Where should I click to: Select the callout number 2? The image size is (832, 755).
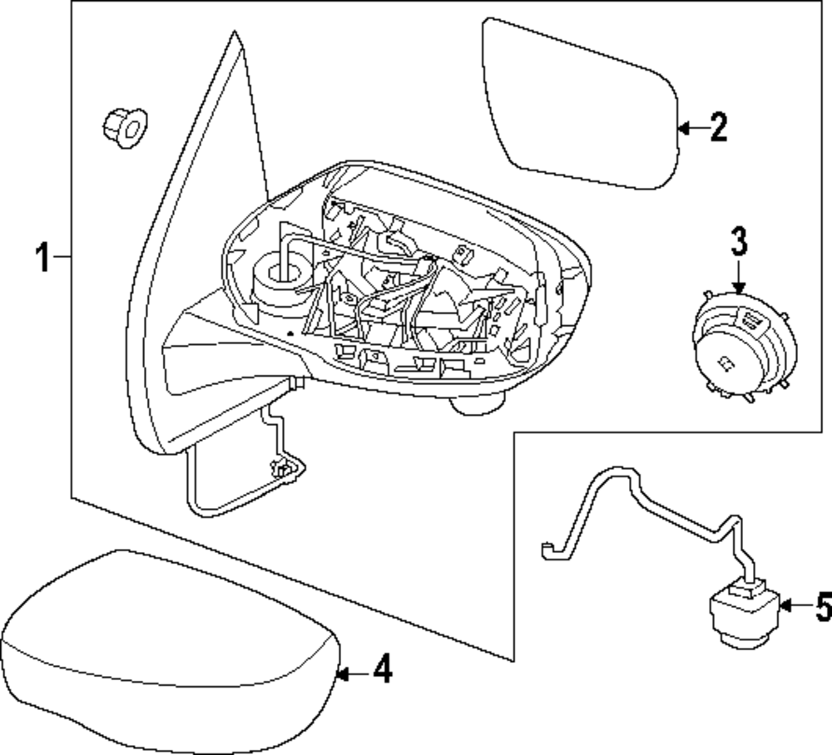[717, 127]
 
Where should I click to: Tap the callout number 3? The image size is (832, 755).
[739, 241]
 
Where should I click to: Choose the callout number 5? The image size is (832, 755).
[822, 609]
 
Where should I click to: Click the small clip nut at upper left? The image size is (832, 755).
[121, 126]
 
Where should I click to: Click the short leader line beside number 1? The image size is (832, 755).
[63, 259]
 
